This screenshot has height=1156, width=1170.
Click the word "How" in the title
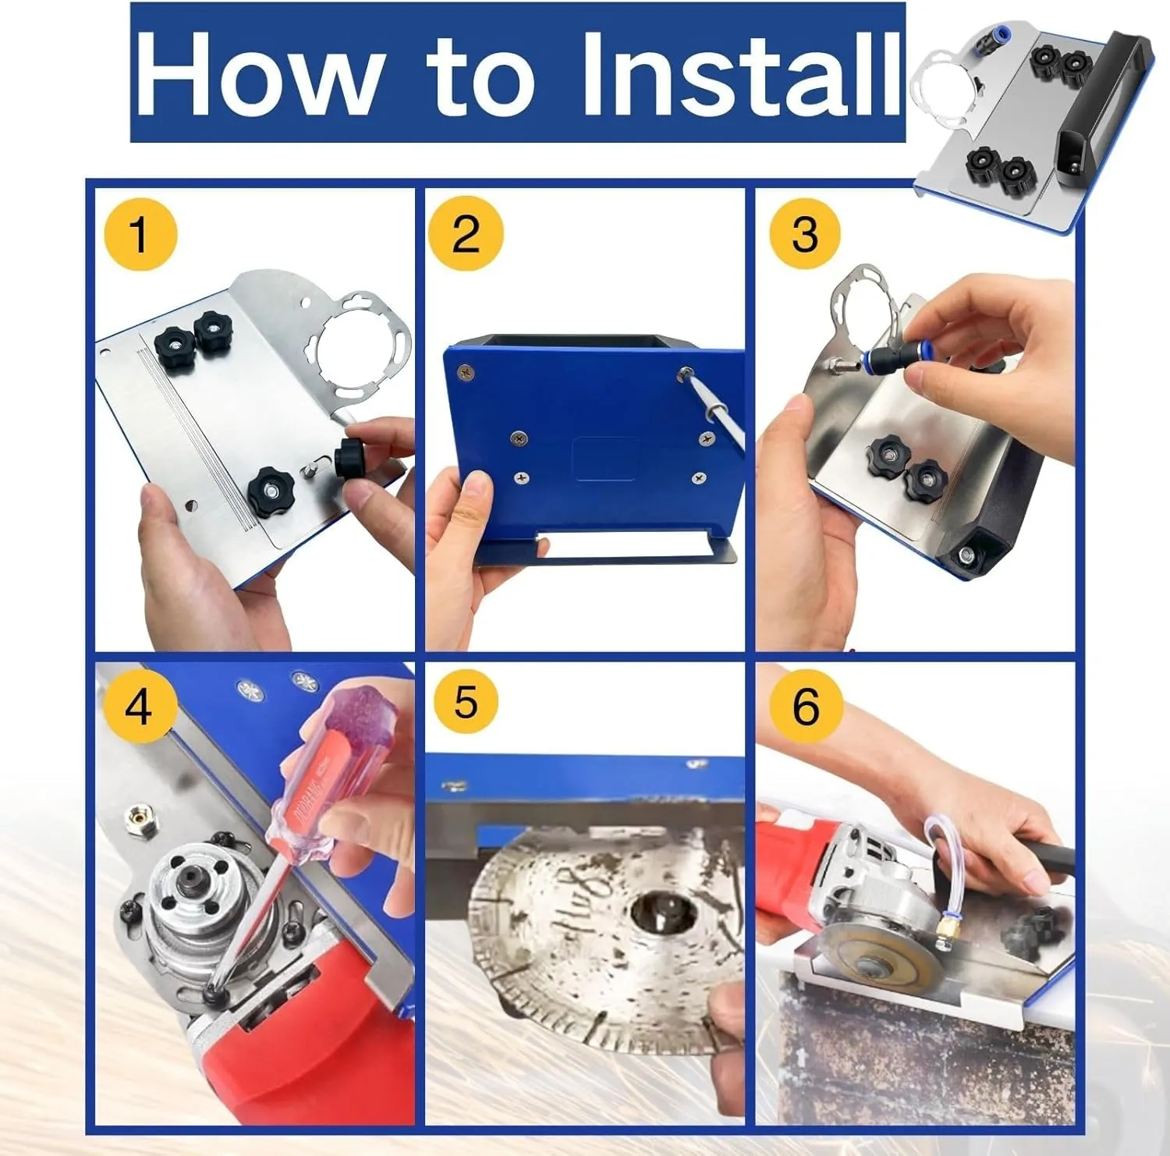coord(257,74)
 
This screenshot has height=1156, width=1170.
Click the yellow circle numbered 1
coord(140,235)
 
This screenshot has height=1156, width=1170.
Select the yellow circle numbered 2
coord(466,233)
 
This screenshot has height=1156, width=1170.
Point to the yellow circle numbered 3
coord(805,233)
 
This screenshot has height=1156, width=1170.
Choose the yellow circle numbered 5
coord(466,701)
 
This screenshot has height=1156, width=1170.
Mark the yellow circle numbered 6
coord(805,706)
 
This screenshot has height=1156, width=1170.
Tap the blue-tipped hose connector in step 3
coord(889,360)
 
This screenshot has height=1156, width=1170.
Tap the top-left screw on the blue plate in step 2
coord(466,374)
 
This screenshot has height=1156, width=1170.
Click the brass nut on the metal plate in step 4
coord(139,818)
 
